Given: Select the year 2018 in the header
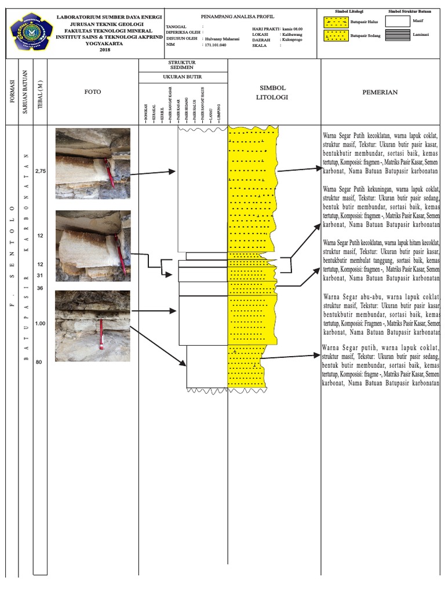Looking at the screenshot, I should point(104,50).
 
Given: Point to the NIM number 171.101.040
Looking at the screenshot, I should point(215,45).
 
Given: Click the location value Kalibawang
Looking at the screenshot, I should point(293,34).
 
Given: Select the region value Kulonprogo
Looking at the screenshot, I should point(293,39).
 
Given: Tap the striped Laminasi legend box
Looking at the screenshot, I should point(396,36).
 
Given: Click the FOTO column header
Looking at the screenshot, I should point(93,91).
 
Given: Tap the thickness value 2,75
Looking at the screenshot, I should point(40,171).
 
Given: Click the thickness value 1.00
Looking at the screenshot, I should point(40,323).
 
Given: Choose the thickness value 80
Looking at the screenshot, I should point(39,363).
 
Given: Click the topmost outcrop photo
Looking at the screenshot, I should point(93,164).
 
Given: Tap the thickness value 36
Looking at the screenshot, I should point(39,288).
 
